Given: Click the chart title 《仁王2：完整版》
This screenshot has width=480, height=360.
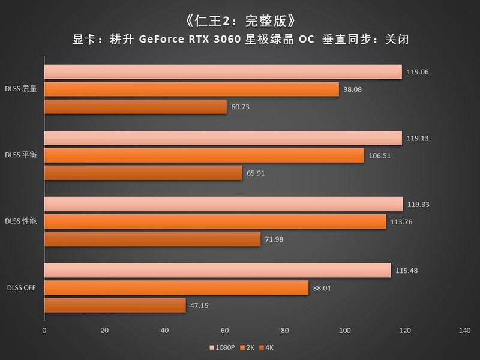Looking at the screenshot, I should pyautogui.click(x=239, y=20).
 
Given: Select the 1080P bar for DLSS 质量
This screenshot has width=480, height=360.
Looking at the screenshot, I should pyautogui.click(x=223, y=72).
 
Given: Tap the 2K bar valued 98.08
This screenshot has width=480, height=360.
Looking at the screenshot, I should pyautogui.click(x=191, y=89).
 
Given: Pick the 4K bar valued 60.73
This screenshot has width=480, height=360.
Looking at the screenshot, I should pyautogui.click(x=136, y=107).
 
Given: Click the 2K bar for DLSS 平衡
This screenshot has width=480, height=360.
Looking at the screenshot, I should pyautogui.click(x=204, y=155).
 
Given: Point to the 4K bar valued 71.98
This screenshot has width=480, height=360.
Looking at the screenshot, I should pyautogui.click(x=152, y=239).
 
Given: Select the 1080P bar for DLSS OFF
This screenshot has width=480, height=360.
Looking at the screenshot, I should pyautogui.click(x=217, y=271).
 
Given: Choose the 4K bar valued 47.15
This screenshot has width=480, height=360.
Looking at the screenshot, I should pyautogui.click(x=115, y=305).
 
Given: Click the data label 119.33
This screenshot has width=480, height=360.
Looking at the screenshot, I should pyautogui.click(x=418, y=205).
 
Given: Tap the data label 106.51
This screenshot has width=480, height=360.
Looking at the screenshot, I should pyautogui.click(x=380, y=156).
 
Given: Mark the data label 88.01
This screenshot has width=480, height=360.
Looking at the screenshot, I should pyautogui.click(x=324, y=289).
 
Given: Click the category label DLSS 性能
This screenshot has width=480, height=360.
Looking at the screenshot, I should pyautogui.click(x=22, y=221).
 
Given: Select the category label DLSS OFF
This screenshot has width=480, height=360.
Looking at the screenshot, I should pyautogui.click(x=22, y=287).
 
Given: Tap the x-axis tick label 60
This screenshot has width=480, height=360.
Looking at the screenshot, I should pyautogui.click(x=225, y=331).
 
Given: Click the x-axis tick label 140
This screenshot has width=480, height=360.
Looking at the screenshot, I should pyautogui.click(x=464, y=331).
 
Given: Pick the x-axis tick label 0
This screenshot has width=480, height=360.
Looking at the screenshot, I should pyautogui.click(x=44, y=331).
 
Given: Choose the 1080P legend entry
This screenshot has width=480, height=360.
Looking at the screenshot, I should pyautogui.click(x=222, y=347).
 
